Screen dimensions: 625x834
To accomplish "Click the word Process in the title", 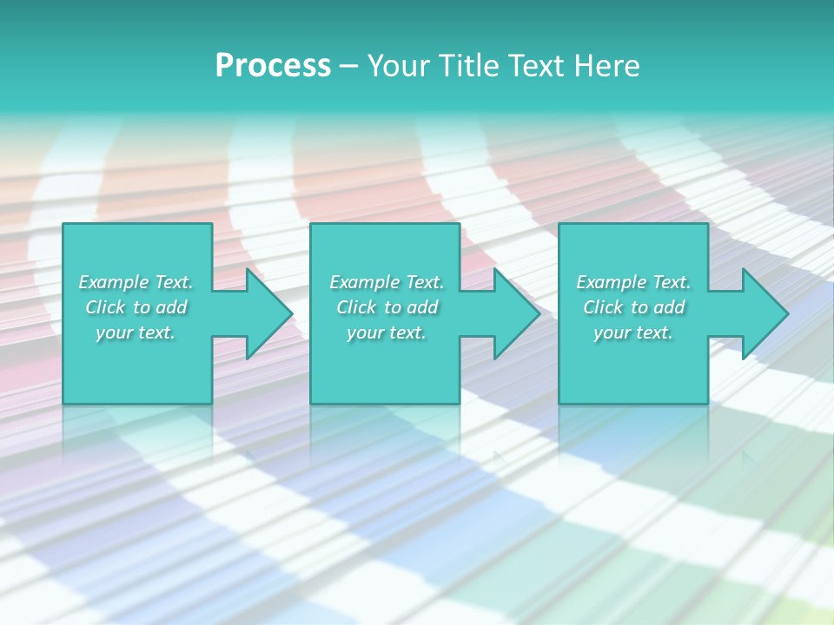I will click(x=273, y=66).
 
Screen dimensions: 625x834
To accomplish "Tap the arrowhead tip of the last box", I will click(x=787, y=313).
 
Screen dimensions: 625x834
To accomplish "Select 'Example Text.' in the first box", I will click(x=136, y=282).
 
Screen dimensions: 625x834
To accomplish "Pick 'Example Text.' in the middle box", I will click(x=387, y=282).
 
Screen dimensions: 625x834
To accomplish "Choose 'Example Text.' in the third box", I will click(x=633, y=282).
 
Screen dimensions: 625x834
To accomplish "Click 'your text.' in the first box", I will click(x=136, y=332).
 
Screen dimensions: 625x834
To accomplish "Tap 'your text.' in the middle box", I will click(x=387, y=332).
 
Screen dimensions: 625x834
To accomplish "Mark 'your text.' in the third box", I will click(x=633, y=332).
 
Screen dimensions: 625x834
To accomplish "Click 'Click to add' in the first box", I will click(x=136, y=307).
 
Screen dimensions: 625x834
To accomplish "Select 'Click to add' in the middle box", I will click(x=387, y=307).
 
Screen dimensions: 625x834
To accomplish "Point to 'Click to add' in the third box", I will click(x=633, y=307).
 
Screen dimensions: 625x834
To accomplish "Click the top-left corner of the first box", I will click(x=64, y=225).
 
